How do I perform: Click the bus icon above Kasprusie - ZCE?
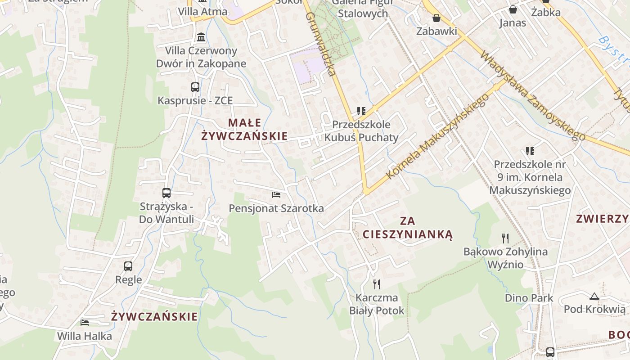(195, 87)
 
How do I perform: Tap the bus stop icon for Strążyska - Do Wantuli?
(166, 193)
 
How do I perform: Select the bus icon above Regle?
(128, 266)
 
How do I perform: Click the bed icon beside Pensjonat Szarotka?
(276, 194)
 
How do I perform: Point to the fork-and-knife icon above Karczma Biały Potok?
(377, 284)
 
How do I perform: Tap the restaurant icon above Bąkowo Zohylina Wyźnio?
(505, 238)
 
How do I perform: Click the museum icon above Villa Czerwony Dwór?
(201, 37)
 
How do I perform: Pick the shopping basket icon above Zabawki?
(436, 18)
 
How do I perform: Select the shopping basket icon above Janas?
(513, 9)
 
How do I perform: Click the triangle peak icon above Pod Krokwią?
(594, 296)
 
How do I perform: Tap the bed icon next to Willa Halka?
(84, 322)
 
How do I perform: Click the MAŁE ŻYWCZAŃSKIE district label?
(244, 129)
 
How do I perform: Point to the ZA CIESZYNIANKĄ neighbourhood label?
(407, 228)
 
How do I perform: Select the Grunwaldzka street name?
(321, 44)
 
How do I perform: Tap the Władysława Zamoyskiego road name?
(533, 96)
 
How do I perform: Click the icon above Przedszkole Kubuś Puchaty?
(361, 111)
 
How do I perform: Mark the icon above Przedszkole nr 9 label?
(530, 151)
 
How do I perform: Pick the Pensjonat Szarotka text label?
(276, 208)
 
